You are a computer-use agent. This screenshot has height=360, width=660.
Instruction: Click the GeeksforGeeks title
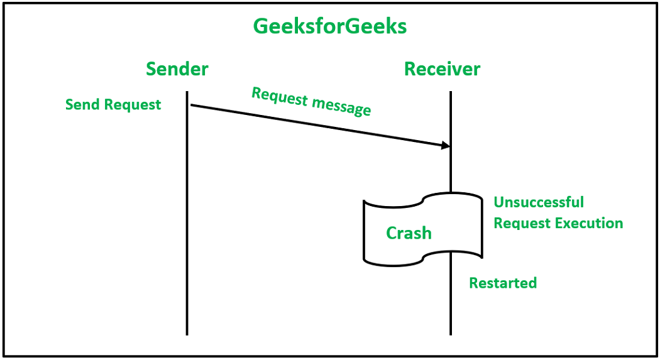329,26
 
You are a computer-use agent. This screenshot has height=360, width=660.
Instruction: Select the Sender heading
177,68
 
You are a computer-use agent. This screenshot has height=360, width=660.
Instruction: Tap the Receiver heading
442,68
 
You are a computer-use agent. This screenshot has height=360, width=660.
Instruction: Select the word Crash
409,233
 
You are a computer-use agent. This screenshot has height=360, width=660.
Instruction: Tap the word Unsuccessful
539,202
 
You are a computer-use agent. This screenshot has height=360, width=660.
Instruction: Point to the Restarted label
503,283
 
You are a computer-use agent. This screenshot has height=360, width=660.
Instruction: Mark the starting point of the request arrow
190,105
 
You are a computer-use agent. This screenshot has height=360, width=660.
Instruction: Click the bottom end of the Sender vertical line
187,334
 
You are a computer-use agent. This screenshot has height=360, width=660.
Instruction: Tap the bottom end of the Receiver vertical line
451,334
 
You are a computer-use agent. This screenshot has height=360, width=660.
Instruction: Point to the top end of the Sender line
187,92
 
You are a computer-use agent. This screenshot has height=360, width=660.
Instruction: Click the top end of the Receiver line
451,92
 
